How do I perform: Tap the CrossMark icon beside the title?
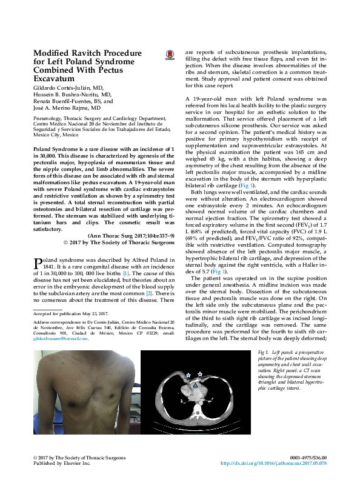(169, 55)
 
